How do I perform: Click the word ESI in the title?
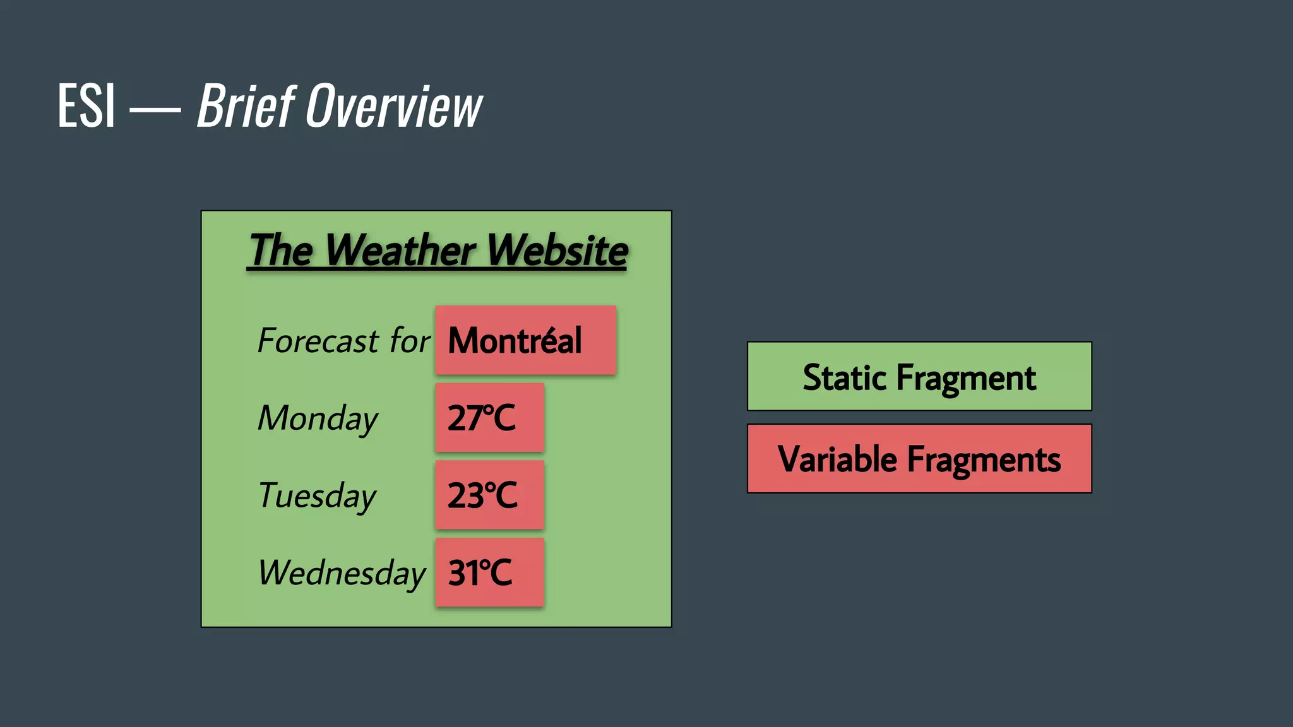pyautogui.click(x=86, y=106)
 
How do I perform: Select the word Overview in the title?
pyautogui.click(x=394, y=106)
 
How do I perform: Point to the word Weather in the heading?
pyautogui.click(x=400, y=251)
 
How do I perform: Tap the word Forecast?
pyautogui.click(x=318, y=341)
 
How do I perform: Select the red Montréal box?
pyautogui.click(x=525, y=341)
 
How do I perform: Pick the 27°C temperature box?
pyautogui.click(x=489, y=418)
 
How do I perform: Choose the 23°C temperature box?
pyautogui.click(x=489, y=495)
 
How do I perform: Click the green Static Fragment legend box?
pyautogui.click(x=919, y=377)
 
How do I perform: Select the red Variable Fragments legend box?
pyautogui.click(x=919, y=459)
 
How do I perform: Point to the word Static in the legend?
pyautogui.click(x=845, y=378)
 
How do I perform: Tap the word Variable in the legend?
pyautogui.click(x=837, y=459)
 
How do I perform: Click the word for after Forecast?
pyautogui.click(x=410, y=341)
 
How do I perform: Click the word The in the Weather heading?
pyautogui.click(x=281, y=251)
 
